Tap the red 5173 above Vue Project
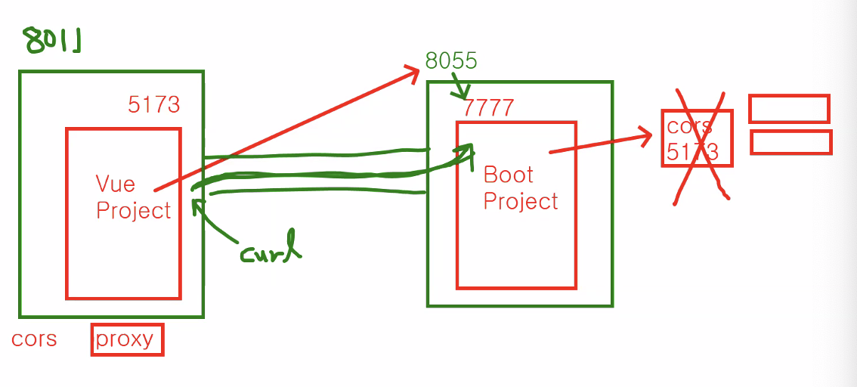point(154,104)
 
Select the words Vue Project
point(133,197)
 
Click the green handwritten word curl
point(270,252)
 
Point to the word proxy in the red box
point(126,339)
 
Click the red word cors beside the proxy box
point(34,339)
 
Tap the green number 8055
point(451,61)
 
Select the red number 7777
point(488,107)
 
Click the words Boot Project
point(520,188)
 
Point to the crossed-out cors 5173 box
point(697,138)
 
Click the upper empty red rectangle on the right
point(789,108)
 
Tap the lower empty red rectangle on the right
point(790,142)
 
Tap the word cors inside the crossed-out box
point(688,125)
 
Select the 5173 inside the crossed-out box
point(691,153)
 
